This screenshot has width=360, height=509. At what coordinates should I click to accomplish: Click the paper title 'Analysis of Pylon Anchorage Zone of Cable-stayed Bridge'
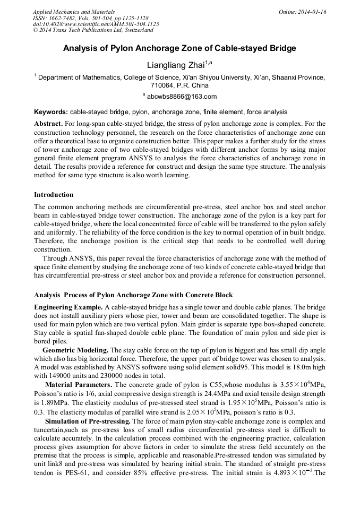pos(179,48)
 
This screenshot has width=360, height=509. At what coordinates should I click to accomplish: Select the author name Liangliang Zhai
pos(175,65)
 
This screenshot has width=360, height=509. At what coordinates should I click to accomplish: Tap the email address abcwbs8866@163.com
pos(182,97)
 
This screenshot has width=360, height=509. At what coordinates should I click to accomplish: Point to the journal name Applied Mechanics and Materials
pos(74,12)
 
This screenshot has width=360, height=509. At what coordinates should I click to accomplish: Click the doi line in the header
pos(96,24)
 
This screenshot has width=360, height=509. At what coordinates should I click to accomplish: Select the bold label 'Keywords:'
pos(51,112)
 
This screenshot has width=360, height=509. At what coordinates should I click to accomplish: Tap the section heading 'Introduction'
pos(54,195)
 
